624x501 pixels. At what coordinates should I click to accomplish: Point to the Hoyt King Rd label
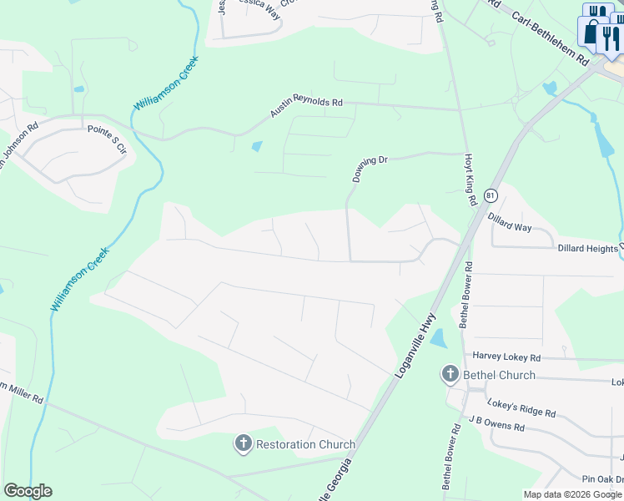[x=470, y=180]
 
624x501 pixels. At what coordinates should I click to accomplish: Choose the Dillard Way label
[x=510, y=221]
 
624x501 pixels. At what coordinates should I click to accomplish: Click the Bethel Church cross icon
[x=450, y=374]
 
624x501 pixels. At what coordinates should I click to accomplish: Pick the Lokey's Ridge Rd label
[x=521, y=407]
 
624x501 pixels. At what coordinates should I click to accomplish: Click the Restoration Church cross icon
[x=243, y=444]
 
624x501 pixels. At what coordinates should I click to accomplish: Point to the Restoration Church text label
[x=305, y=445]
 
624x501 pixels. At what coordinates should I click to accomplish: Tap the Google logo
[x=28, y=491]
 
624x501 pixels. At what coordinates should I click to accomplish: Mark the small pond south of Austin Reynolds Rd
[x=257, y=146]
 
